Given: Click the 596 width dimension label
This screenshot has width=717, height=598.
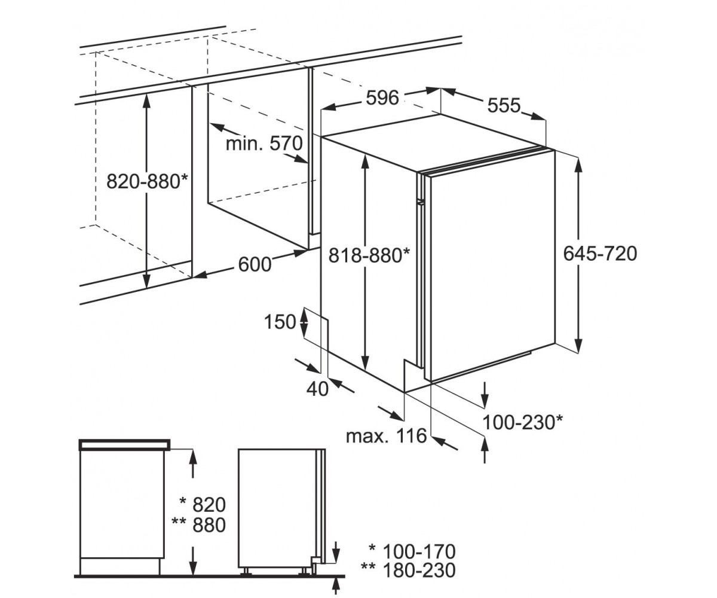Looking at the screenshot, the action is (382, 98).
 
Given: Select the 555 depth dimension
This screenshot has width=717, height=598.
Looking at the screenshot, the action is (504, 105).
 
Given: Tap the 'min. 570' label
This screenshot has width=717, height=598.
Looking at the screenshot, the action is (264, 144).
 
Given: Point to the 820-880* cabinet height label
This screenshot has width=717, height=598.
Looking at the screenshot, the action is (148, 181).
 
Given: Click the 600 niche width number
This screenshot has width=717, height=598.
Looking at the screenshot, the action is (255, 265).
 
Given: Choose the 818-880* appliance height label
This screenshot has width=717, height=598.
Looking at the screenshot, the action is (369, 255).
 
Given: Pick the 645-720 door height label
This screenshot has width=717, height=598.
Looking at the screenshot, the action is (600, 254).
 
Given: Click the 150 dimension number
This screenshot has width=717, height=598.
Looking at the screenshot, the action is (280, 322).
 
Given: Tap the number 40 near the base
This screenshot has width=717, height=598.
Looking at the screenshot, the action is (318, 389).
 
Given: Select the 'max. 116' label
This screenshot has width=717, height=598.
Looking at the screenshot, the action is (387, 436).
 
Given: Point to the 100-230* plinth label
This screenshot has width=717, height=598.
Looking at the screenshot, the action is (523, 422).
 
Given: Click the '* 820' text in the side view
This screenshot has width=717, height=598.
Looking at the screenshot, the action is (203, 505).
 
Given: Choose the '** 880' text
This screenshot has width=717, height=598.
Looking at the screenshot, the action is (198, 525).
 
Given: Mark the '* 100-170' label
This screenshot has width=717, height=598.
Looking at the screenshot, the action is (412, 551).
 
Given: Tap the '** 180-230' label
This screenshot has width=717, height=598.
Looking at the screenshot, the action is (408, 571).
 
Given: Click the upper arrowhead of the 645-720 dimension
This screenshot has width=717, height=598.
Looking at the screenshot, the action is (578, 167).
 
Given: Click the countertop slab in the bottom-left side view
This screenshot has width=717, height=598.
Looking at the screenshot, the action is (125, 444).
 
